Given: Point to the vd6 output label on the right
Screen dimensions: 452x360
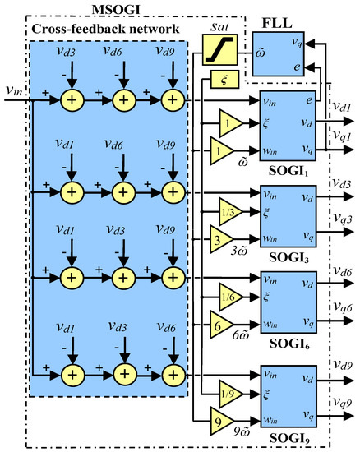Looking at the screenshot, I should pyautogui.click(x=342, y=269).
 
